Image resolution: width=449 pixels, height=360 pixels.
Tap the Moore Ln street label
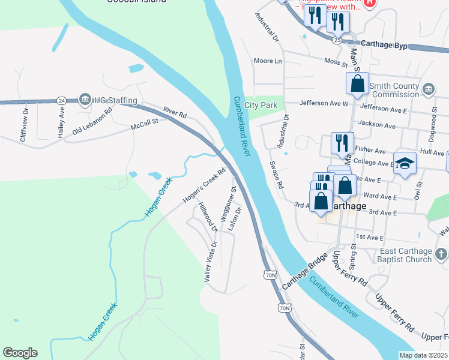click(x=268, y=61)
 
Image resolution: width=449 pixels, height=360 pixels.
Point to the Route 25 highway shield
click(x=337, y=40)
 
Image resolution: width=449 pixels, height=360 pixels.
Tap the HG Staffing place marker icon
click(x=85, y=100)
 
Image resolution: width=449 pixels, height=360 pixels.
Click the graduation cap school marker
click(x=405, y=164)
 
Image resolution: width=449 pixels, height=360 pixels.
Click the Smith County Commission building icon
click(x=428, y=89)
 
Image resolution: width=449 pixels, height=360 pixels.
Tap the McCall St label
click(x=144, y=124)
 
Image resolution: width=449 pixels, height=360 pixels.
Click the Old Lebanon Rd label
click(x=92, y=122)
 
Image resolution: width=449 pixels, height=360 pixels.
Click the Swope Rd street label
click(x=276, y=175)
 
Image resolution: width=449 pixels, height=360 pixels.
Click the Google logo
click(x=20, y=353)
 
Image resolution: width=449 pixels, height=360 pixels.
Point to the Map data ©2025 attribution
click(x=423, y=355)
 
